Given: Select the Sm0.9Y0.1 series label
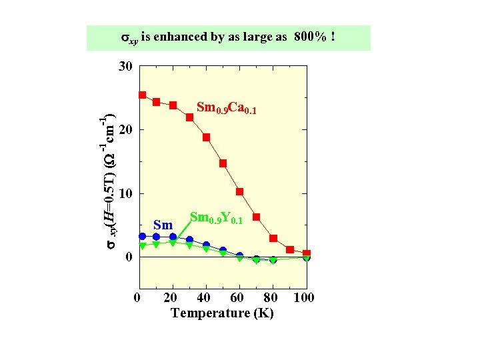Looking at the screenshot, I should (215, 218).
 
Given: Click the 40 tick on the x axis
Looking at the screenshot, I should (205, 297).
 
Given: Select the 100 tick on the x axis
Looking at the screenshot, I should (305, 297).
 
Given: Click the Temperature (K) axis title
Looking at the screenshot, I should (222, 313).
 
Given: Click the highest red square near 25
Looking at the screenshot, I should (143, 95).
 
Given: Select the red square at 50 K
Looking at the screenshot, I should (223, 163).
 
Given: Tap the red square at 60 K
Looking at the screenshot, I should (239, 192).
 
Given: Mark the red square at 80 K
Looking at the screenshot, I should (273, 238).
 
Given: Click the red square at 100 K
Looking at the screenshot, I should (307, 254).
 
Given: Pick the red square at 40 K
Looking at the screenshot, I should (206, 137).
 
